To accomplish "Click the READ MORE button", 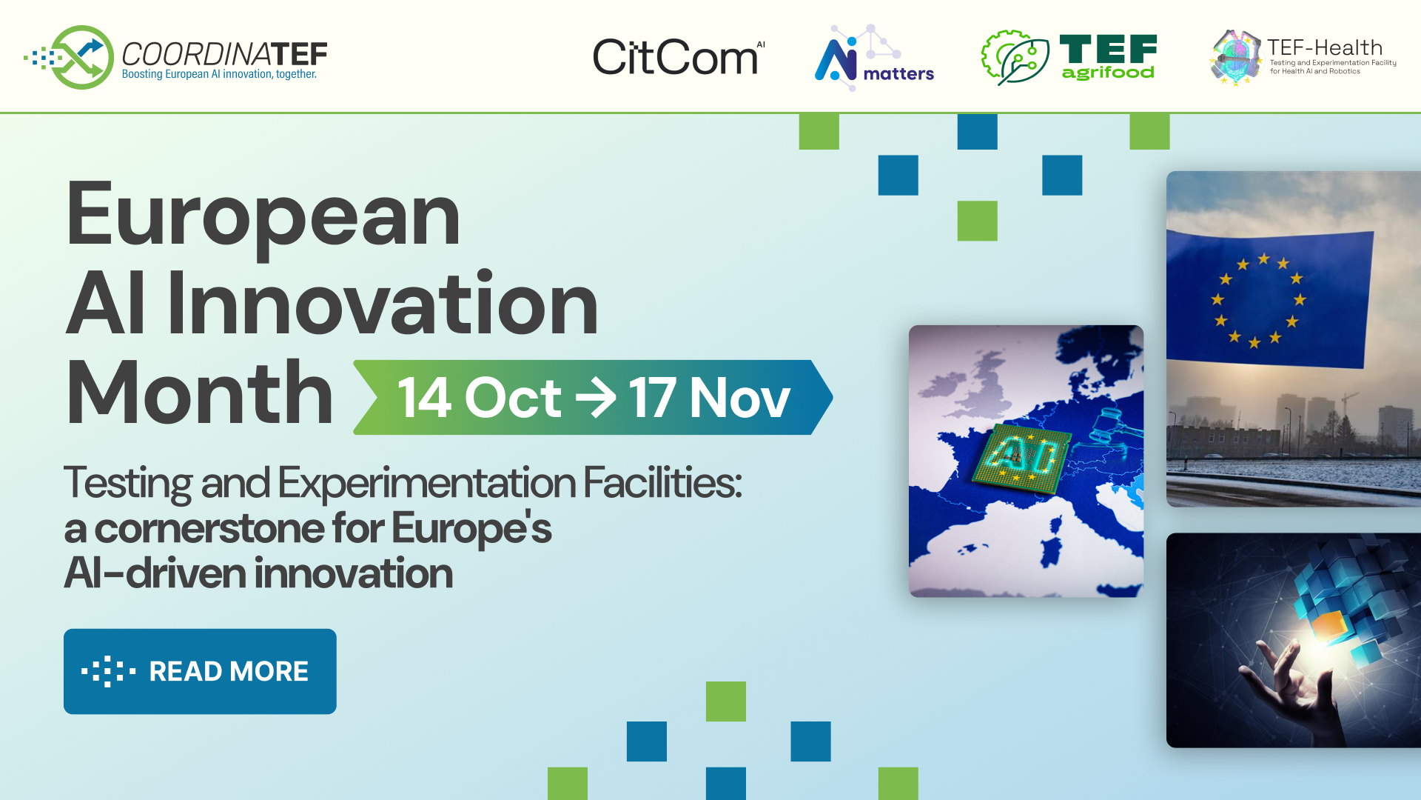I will [200, 671].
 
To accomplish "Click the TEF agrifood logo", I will [1069, 57].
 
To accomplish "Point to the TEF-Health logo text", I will [1325, 48].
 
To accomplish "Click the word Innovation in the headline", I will [383, 304].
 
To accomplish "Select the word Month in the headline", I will [200, 393].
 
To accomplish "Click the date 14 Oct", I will [480, 398].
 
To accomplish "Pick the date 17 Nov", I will [709, 398].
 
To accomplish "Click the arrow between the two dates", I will [596, 398].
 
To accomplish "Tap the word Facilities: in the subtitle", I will [662, 483].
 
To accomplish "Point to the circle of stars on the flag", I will [1258, 300].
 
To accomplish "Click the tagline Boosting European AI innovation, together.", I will [219, 75].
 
